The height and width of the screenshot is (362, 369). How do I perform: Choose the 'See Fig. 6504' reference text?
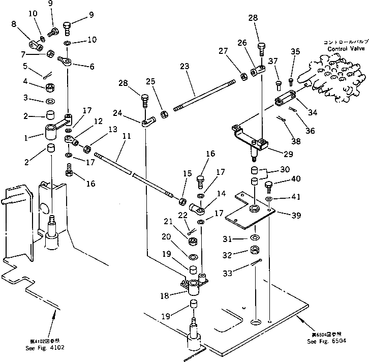[327, 341]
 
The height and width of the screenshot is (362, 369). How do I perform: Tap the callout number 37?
[273, 62]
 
